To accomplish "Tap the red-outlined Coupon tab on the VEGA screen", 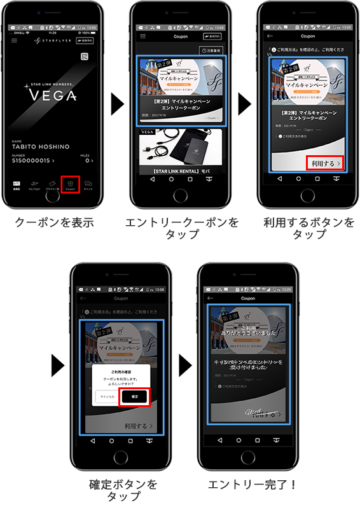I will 70,184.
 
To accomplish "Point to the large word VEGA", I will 53,96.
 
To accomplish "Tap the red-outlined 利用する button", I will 326,163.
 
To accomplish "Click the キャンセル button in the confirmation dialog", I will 107,396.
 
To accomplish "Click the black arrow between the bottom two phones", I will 185,366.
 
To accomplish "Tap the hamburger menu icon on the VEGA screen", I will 15,40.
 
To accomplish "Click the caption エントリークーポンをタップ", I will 182,228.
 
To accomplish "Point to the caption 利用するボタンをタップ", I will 309,228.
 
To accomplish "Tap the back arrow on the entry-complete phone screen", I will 211,298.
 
